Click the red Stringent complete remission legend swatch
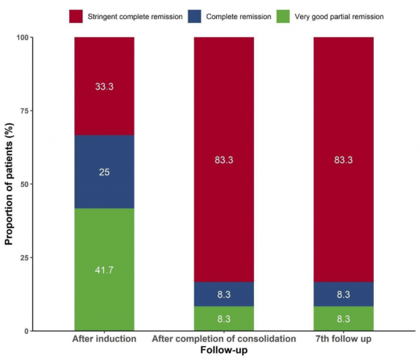pyautogui.click(x=78, y=15)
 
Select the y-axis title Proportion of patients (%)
pyautogui.click(x=10, y=184)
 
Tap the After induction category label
pyautogui.click(x=104, y=340)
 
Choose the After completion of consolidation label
pyautogui.click(x=224, y=340)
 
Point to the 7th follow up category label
pyautogui.click(x=343, y=340)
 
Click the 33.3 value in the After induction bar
pyautogui.click(x=104, y=87)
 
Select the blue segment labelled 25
pyautogui.click(x=104, y=172)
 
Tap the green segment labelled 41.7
pyautogui.click(x=104, y=270)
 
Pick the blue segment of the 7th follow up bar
pyautogui.click(x=343, y=294)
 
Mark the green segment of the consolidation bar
pyautogui.click(x=224, y=319)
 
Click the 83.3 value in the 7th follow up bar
pyautogui.click(x=343, y=160)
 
